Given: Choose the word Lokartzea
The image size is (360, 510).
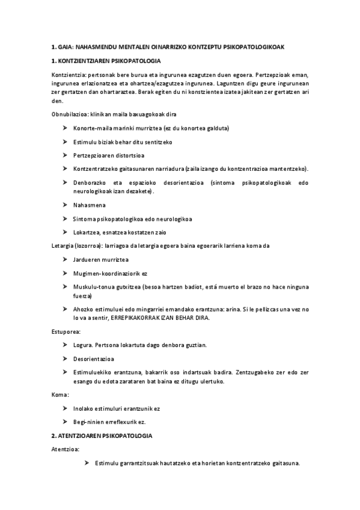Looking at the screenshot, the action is pos(86,232).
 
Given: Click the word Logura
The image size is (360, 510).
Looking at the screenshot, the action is pos(82,345).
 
